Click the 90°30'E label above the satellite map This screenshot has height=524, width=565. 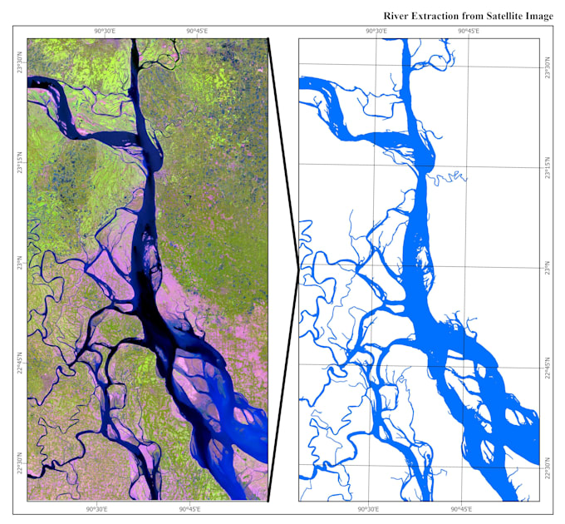(104, 32)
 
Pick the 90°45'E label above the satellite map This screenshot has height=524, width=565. (196, 32)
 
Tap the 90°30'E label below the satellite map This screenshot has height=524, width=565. (97, 508)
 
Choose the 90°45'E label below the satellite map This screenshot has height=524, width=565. (189, 508)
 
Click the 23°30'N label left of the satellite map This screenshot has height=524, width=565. (21, 62)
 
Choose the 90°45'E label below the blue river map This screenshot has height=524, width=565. (461, 508)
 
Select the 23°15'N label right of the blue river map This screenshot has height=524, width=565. (547, 165)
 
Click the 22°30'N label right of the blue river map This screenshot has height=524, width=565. (547, 467)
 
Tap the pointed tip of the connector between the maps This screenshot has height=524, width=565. (298, 268)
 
